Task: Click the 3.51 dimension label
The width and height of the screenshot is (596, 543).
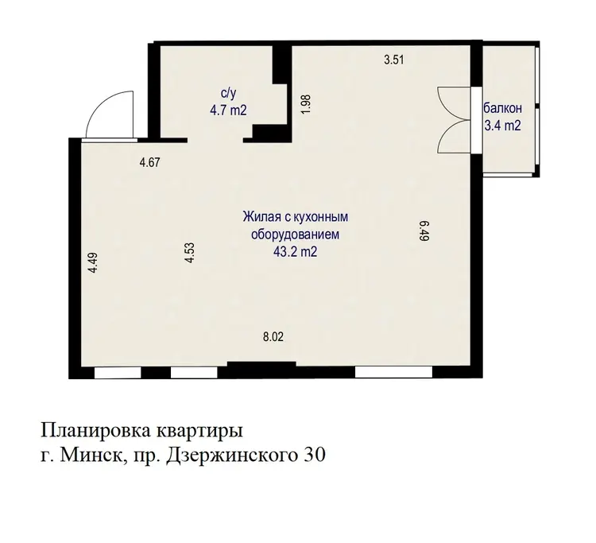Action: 393,60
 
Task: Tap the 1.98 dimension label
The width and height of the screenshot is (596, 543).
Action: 306,103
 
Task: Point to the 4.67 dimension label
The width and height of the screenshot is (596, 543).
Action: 149,163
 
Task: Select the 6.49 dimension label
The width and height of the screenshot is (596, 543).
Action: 424,231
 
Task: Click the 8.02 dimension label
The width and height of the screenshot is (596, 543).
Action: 273,337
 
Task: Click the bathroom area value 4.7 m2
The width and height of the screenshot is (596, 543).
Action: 228,111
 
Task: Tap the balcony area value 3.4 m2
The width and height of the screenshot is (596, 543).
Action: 502,125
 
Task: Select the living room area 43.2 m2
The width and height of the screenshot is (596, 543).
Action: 296,251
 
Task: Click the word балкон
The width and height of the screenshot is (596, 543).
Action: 502,108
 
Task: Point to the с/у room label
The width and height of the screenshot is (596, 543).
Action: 228,94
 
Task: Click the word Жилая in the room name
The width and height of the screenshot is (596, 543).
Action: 260,217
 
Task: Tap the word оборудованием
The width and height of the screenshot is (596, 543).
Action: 295,235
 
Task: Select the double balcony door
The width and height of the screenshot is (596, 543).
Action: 455,120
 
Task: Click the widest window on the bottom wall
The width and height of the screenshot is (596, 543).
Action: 394,372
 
